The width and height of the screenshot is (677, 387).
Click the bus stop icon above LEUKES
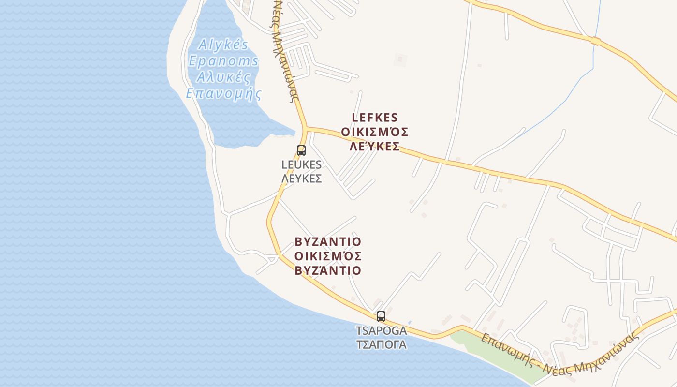click(301, 150)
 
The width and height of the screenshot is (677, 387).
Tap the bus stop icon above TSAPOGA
click(381, 316)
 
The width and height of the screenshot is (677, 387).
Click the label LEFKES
click(375, 118)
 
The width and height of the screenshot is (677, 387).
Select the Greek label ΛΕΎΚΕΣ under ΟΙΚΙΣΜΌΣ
click(375, 147)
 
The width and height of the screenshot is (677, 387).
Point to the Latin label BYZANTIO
click(328, 241)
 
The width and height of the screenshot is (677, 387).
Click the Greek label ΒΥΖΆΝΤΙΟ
click(328, 270)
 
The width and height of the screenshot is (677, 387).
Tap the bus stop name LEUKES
click(302, 164)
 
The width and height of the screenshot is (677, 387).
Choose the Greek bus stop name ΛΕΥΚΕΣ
click(302, 178)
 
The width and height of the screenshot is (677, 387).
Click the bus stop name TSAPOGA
click(381, 331)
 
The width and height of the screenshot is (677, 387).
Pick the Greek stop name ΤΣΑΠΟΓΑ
click(381, 344)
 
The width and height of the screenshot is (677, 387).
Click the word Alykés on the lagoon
click(223, 45)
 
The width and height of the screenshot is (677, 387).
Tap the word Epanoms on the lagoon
click(223, 61)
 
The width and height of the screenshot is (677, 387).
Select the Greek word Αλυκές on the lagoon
click(223, 77)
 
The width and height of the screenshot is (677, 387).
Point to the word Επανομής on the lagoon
click(223, 93)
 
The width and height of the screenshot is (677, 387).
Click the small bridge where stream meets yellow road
click(595, 42)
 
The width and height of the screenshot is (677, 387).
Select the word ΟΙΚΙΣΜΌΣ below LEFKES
click(375, 132)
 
